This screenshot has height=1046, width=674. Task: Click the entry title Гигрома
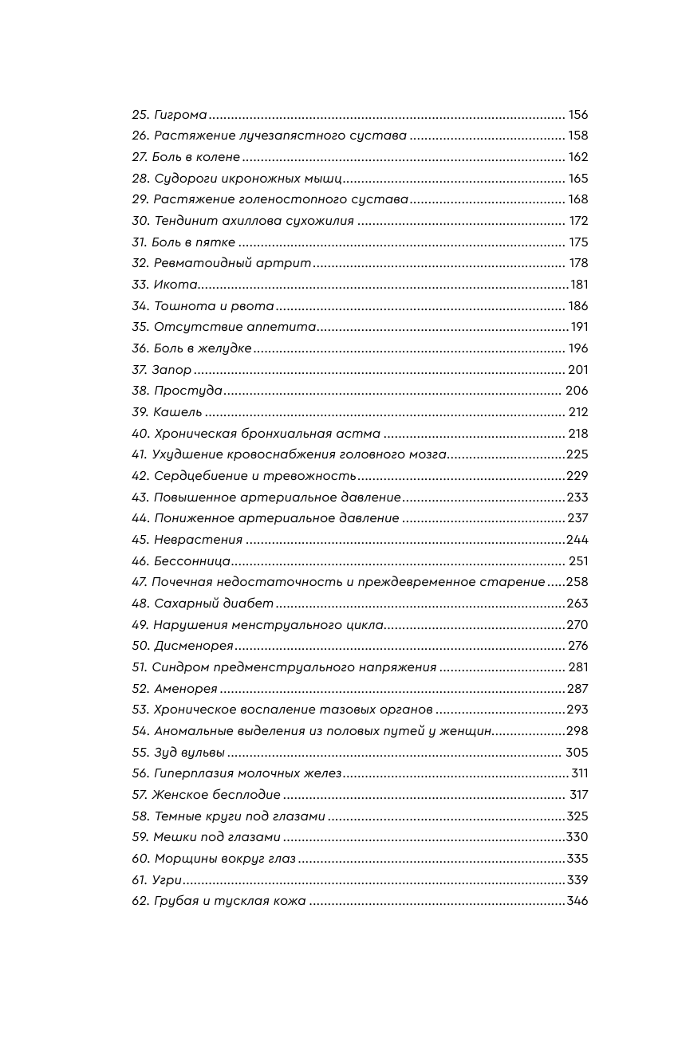tap(180, 115)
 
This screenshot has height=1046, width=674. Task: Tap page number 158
tap(577, 136)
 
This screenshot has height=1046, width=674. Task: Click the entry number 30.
tap(140, 221)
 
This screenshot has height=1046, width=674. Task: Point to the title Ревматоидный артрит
tap(232, 264)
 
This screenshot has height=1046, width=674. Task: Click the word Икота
tap(175, 285)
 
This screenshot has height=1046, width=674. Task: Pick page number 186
tap(577, 306)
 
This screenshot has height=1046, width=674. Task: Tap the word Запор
tap(171, 370)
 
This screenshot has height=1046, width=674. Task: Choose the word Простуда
tap(187, 391)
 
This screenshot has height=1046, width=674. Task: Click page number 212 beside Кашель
tap(577, 412)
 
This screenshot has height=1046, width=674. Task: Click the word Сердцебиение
tap(198, 476)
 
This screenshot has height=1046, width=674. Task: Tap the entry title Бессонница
tap(191, 561)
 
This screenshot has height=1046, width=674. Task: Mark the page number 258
tap(577, 583)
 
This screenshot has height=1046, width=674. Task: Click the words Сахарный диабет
tap(213, 604)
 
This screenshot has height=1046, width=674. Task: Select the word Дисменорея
tap(193, 646)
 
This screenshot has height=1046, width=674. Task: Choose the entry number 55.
tap(140, 753)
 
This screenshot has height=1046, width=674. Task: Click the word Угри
tap(168, 880)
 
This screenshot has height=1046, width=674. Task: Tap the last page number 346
tap(577, 902)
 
